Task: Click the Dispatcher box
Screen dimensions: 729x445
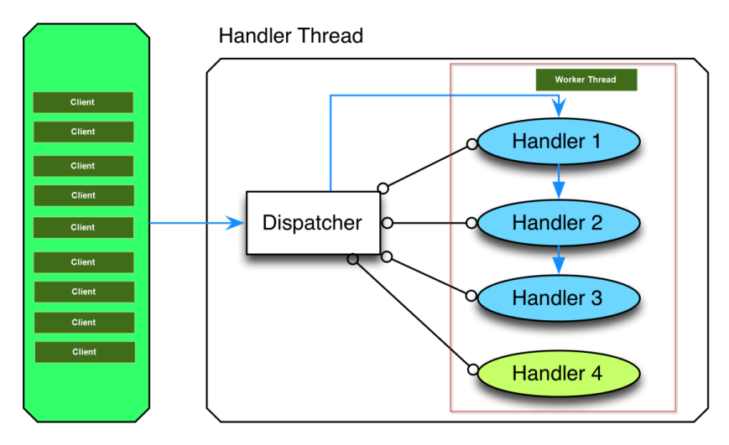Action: click(313, 223)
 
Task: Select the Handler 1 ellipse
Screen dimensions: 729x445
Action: click(559, 142)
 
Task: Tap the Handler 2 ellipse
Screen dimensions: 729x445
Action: click(559, 223)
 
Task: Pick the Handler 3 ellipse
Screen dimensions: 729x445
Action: click(559, 298)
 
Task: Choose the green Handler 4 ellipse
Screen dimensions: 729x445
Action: click(559, 374)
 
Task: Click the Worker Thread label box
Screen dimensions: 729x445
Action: click(586, 80)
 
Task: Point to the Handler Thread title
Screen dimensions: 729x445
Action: click(290, 36)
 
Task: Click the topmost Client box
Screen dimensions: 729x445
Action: click(83, 102)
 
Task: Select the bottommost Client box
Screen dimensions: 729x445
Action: click(85, 352)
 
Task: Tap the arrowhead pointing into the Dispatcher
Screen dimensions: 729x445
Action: click(235, 223)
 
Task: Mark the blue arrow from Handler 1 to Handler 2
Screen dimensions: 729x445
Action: click(559, 182)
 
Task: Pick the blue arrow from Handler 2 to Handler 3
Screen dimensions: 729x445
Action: click(559, 260)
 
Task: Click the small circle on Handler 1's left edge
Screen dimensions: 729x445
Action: click(472, 144)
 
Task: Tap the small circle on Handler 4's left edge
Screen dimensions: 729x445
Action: click(473, 370)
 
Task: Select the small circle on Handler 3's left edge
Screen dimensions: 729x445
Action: click(471, 296)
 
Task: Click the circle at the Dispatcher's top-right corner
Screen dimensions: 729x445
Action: click(383, 188)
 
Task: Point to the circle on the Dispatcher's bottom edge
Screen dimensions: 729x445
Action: click(353, 259)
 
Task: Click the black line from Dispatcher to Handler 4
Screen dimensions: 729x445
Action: click(413, 314)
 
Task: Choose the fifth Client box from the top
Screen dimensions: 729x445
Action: click(83, 228)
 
